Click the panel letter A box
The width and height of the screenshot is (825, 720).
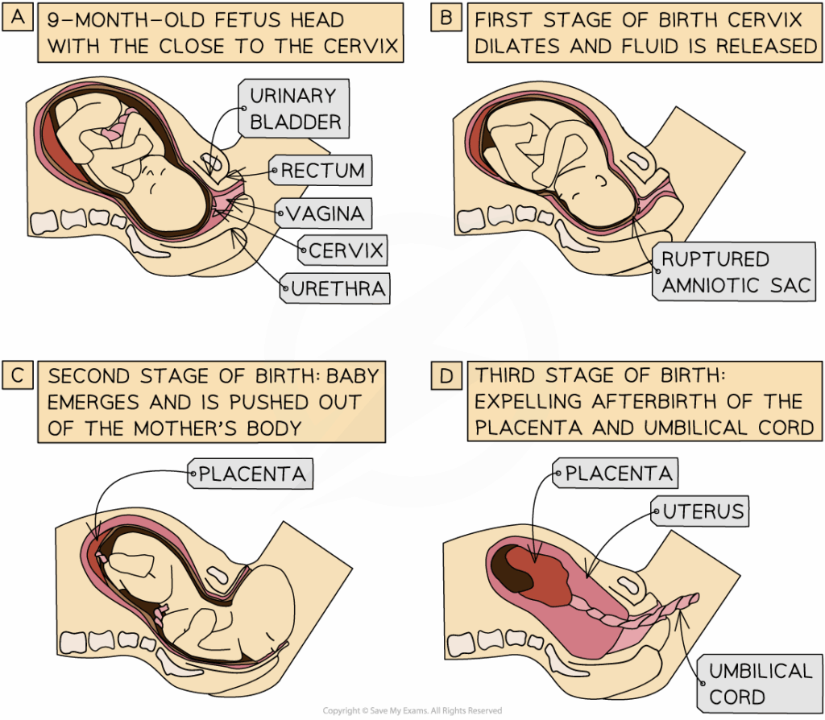tap(16, 16)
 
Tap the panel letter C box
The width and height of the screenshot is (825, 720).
tap(16, 375)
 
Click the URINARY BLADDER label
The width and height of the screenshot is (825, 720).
tap(295, 109)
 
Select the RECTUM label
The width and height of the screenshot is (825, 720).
tap(321, 171)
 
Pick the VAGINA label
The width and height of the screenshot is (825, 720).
tap(322, 213)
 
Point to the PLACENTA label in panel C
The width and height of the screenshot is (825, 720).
tap(251, 474)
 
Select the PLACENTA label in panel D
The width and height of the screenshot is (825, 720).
tap(617, 474)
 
